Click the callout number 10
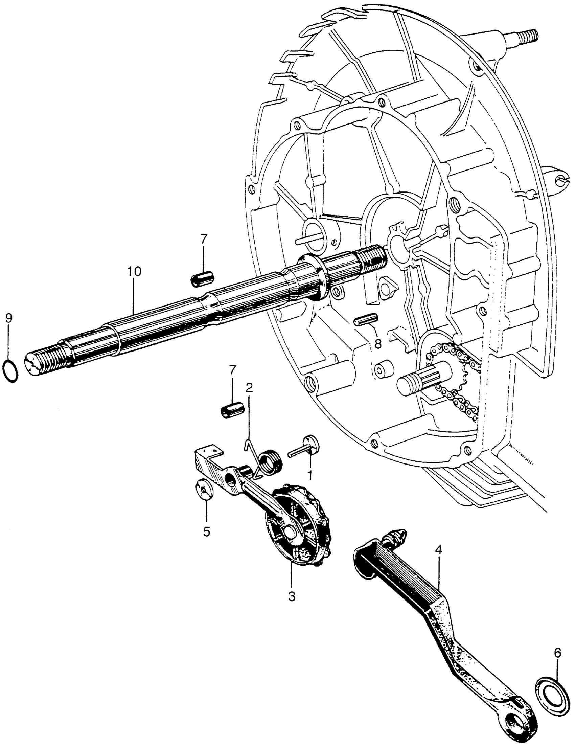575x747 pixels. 134,272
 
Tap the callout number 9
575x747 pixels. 8,318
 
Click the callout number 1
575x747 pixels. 310,475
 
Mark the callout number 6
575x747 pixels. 557,653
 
